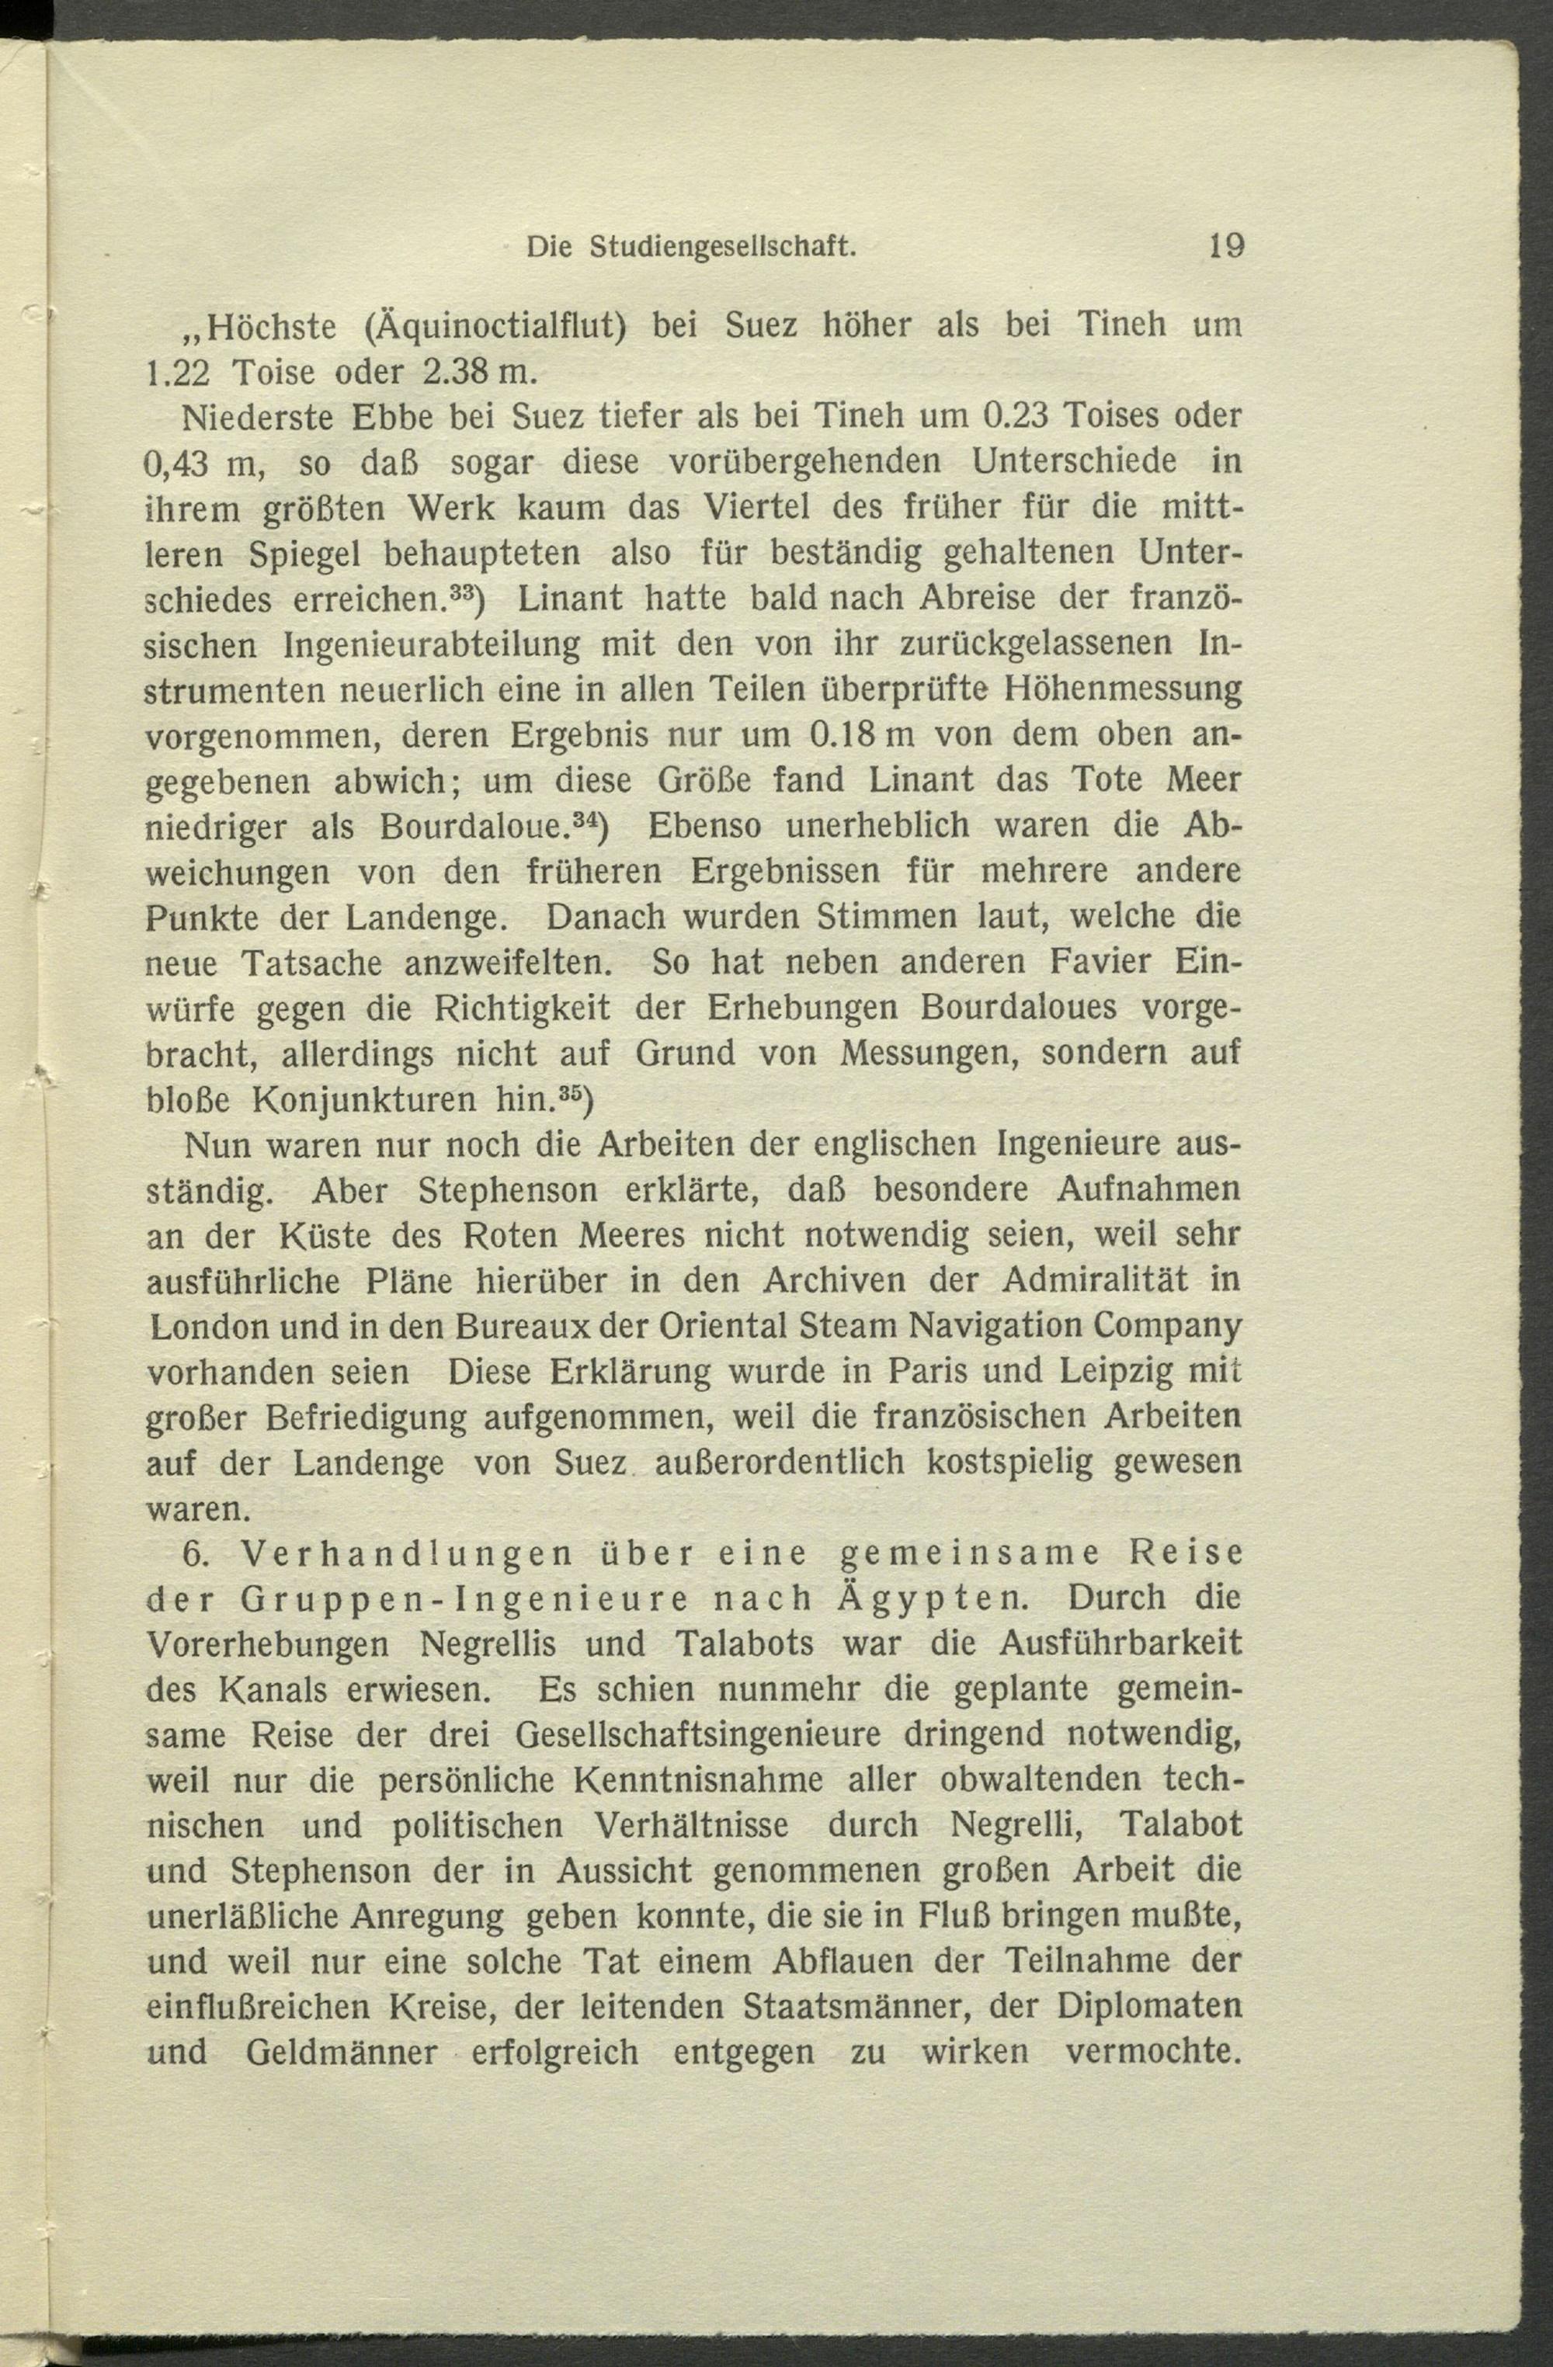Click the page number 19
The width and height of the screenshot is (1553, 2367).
click(1225, 245)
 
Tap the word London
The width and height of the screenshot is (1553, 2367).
click(208, 1327)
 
